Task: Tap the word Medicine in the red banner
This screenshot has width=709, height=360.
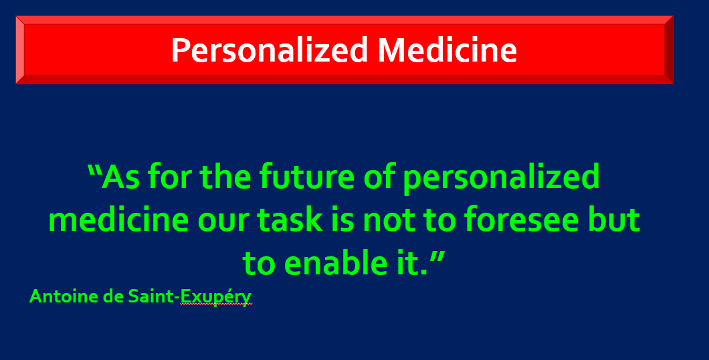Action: (x=447, y=50)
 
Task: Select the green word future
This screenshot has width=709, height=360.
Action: (x=308, y=177)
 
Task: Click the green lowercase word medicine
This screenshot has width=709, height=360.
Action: (x=118, y=219)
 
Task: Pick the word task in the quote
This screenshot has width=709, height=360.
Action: (x=290, y=220)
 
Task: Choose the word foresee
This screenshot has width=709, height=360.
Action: (x=522, y=219)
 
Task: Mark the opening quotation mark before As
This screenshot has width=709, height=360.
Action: (x=94, y=170)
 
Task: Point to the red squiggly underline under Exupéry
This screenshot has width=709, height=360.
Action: (x=216, y=304)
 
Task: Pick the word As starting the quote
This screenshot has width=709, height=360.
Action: (x=120, y=177)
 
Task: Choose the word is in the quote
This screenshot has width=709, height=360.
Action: (x=342, y=219)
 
